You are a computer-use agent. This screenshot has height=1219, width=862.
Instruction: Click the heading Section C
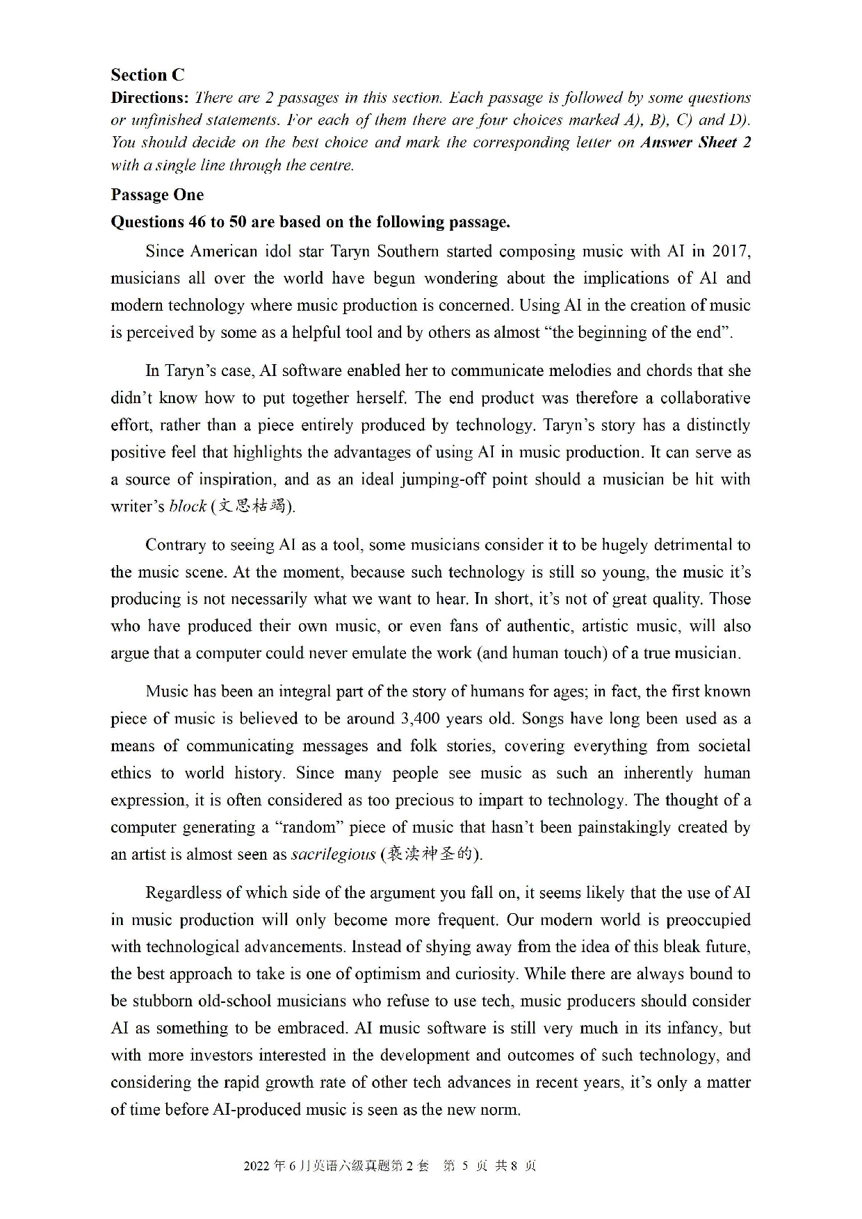pos(147,75)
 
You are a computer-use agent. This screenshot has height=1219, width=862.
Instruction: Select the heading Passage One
pos(157,195)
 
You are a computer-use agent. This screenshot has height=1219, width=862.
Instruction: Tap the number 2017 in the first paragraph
pos(729,251)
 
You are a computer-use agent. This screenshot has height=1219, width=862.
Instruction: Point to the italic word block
pos(188,507)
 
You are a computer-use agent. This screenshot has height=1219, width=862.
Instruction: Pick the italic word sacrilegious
pos(333,855)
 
